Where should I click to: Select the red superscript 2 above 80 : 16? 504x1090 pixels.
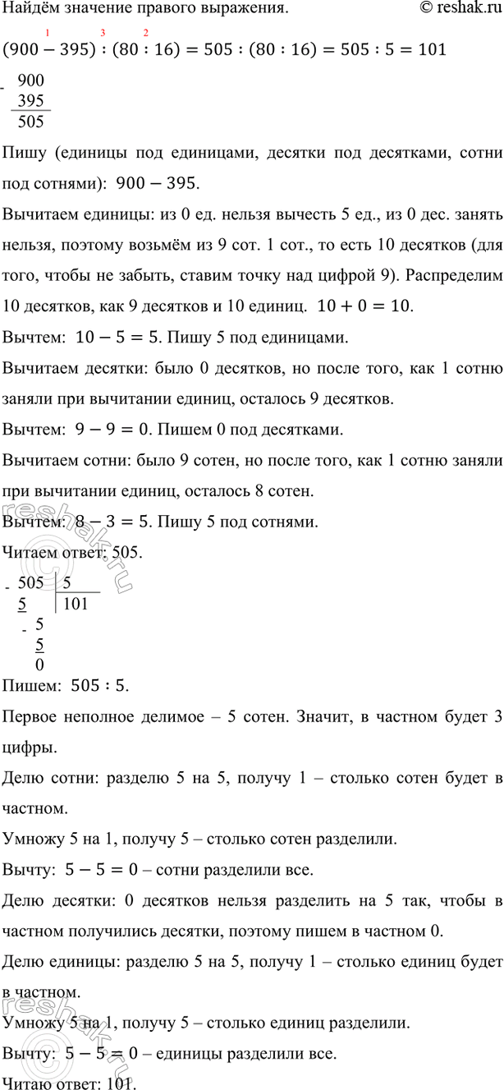coord(145,34)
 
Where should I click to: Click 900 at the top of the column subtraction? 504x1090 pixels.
coord(30,81)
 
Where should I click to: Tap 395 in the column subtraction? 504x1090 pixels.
coord(30,101)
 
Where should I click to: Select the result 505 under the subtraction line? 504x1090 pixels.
coord(30,121)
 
